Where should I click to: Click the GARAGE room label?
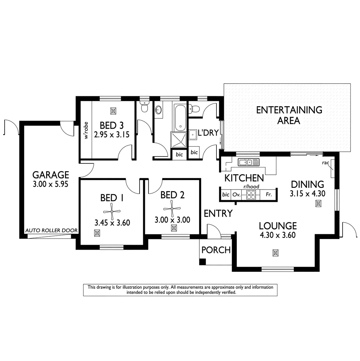tap(51, 175)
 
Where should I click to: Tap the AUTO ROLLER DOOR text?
tap(52, 230)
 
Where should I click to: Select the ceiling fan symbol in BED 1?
tap(111, 211)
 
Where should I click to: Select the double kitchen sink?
tap(248, 162)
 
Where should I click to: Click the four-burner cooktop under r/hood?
tap(251, 194)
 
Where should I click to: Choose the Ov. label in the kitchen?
tap(237, 194)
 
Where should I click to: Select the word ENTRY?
tap(218, 213)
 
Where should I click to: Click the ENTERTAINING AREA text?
tap(289, 115)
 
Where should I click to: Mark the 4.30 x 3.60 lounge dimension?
tap(277, 235)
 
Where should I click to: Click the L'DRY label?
tap(208, 133)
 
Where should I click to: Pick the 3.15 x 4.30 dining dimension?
tap(307, 193)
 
